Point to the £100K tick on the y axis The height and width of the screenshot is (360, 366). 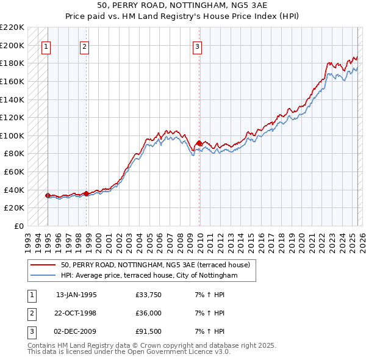pyautogui.click(x=12, y=135)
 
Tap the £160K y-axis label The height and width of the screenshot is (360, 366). pyautogui.click(x=12, y=81)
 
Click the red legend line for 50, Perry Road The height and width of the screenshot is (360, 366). pyautogui.click(x=43, y=265)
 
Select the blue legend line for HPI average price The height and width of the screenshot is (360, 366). pyautogui.click(x=43, y=276)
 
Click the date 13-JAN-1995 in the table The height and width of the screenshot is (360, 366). pyautogui.click(x=76, y=295)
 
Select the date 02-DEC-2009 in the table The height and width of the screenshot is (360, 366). pyautogui.click(x=76, y=331)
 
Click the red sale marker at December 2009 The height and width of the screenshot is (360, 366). pyautogui.click(x=199, y=143)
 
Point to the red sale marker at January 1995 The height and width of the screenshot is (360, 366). pyautogui.click(x=48, y=195)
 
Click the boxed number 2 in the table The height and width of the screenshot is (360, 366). pyautogui.click(x=30, y=313)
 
